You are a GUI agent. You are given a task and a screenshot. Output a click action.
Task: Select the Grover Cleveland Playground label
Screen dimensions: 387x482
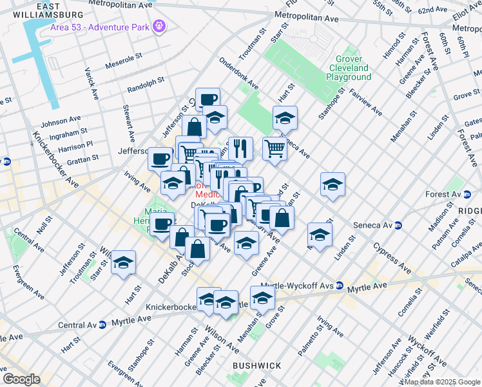[x=349, y=68]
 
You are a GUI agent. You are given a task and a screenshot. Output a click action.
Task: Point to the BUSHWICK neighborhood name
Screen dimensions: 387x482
[x=257, y=366]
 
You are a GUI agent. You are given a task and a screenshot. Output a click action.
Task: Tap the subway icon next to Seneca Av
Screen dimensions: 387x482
[x=399, y=225]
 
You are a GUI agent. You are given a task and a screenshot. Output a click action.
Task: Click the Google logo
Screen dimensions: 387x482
[x=21, y=379]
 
